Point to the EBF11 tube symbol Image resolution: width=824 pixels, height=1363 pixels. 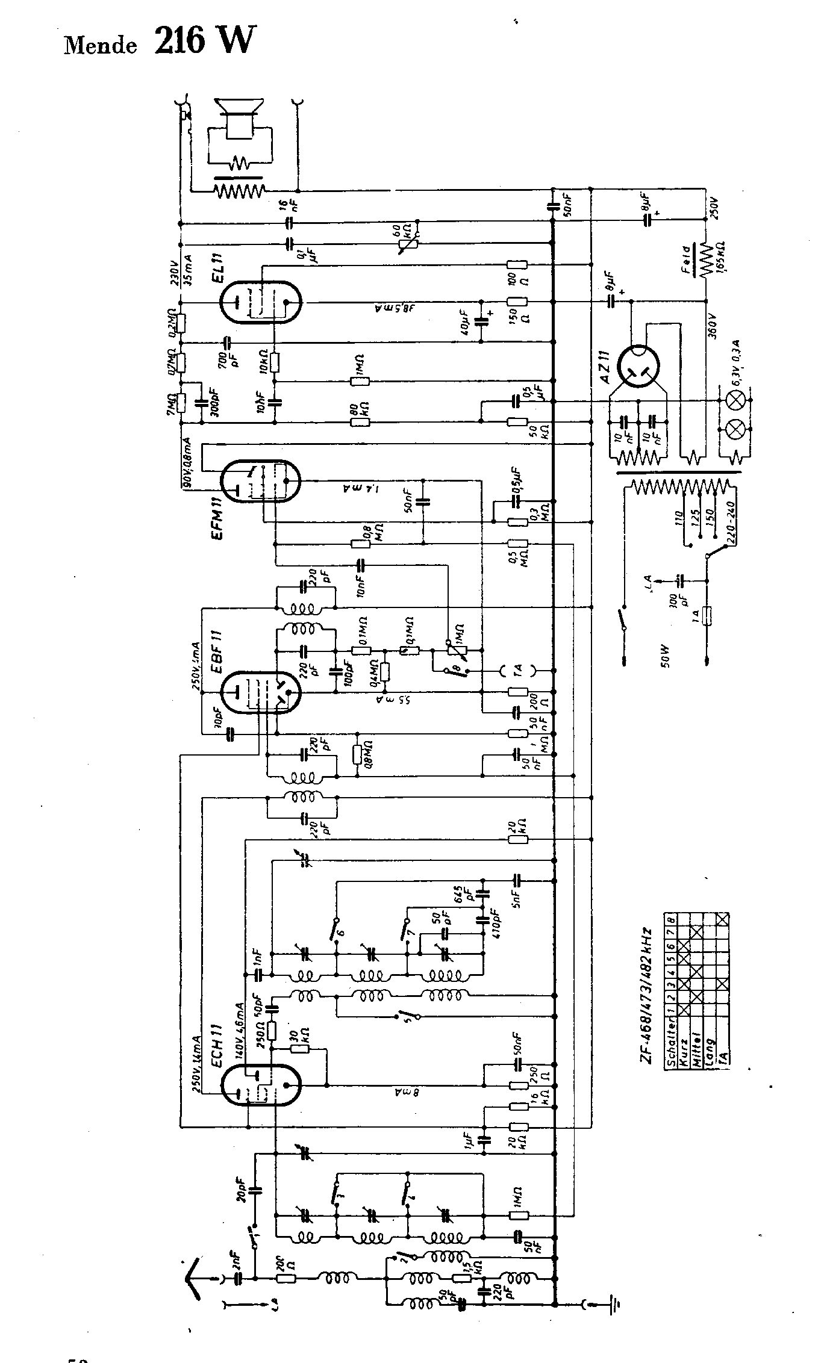pos(261,693)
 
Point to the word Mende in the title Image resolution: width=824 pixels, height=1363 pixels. pos(100,46)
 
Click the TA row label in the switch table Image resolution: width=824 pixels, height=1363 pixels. pos(722,1054)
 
